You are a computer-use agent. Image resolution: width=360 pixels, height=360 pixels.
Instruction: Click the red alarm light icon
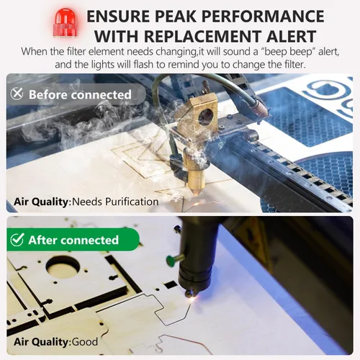pos(65,22)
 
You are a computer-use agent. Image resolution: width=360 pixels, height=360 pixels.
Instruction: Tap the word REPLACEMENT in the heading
pos(202,36)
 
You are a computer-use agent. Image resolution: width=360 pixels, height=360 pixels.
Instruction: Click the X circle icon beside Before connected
pos(17,94)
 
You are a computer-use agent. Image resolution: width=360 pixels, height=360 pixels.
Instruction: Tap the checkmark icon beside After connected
pos(17,240)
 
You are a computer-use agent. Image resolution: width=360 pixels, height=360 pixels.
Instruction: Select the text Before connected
pos(80,94)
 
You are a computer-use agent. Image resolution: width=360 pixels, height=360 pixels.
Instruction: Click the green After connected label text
pos(73,240)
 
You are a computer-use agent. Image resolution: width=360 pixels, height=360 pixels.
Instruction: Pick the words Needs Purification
pos(115,202)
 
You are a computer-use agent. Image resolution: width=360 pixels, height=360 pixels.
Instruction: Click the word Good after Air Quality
pos(85,342)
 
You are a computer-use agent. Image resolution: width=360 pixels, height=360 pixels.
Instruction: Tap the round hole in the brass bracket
pos(206,117)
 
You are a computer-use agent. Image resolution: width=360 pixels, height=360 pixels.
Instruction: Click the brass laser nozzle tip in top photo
pos(197,192)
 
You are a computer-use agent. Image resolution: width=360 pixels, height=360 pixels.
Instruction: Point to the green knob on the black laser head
pos(171,260)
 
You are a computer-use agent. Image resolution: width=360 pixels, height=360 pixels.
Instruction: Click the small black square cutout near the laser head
pos(171,285)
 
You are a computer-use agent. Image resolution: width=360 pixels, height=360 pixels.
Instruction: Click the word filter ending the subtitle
pos(292,65)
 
